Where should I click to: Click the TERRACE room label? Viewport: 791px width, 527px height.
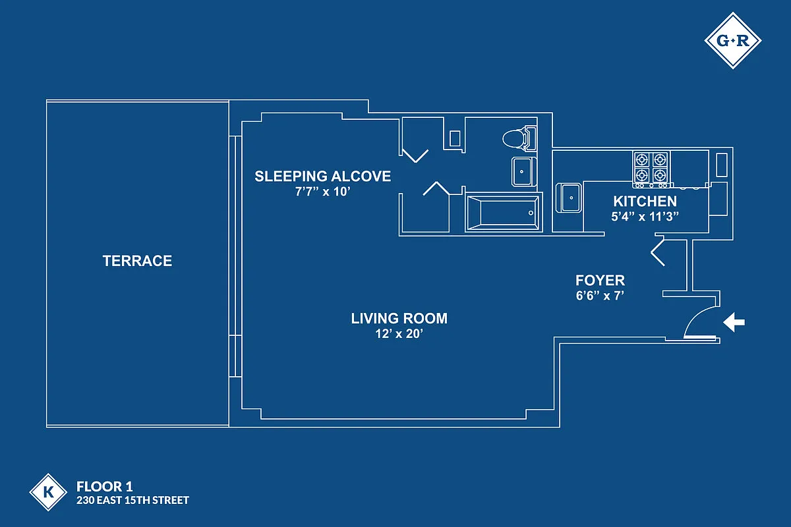[137, 261]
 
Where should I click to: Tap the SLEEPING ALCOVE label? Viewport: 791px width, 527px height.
[323, 176]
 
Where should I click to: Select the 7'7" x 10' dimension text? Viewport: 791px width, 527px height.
[323, 192]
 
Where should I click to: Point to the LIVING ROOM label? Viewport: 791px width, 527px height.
[399, 318]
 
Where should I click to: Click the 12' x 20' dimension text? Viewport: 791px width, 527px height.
[399, 333]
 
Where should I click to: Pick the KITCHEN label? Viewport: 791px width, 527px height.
[645, 201]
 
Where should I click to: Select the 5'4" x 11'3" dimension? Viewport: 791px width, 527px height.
[645, 216]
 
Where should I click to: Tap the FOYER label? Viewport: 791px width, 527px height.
[600, 280]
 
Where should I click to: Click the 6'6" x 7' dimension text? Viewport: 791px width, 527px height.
[600, 295]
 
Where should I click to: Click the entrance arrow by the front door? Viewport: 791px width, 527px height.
[734, 322]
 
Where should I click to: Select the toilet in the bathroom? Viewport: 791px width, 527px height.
[519, 138]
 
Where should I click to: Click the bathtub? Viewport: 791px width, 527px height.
[504, 213]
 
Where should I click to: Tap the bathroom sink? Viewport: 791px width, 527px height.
[523, 171]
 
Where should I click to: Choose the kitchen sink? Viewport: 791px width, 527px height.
[568, 198]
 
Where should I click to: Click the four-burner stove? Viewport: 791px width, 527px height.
[651, 169]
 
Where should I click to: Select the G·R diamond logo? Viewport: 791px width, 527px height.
[733, 41]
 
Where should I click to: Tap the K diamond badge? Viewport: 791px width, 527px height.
[48, 492]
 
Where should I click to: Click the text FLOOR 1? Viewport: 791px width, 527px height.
[105, 487]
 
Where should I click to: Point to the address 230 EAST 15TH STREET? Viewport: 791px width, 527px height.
[132, 501]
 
